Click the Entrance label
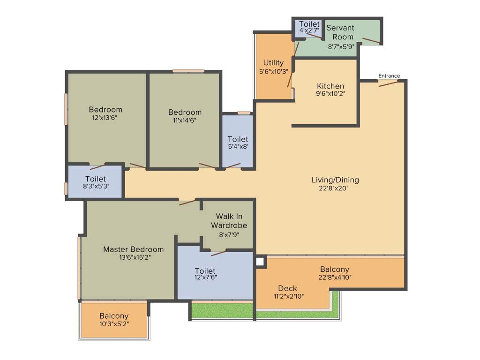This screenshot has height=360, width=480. click(x=389, y=76)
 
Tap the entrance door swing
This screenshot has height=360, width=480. click(x=388, y=83)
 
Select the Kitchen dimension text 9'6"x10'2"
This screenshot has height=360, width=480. click(x=330, y=93)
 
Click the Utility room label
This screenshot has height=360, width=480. click(x=273, y=63)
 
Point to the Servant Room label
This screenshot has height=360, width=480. click(x=340, y=32)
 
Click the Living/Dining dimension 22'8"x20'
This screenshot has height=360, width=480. click(x=335, y=189)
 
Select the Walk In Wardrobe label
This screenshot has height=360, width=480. click(x=229, y=221)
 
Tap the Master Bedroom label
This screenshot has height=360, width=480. click(x=134, y=249)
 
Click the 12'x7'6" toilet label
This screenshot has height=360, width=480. click(x=205, y=271)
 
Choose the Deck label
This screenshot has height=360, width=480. click(x=287, y=288)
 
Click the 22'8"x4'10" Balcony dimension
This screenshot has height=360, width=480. click(x=335, y=277)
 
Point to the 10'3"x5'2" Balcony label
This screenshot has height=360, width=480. click(x=114, y=316)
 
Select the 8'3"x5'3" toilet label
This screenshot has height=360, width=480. click(x=96, y=179)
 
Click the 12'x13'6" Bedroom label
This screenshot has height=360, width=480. click(x=105, y=110)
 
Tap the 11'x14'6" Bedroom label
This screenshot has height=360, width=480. click(x=185, y=112)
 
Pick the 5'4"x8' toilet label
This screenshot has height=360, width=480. click(x=238, y=139)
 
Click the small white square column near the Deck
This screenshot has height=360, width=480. click(x=260, y=262)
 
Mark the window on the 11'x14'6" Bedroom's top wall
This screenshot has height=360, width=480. click(x=188, y=71)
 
